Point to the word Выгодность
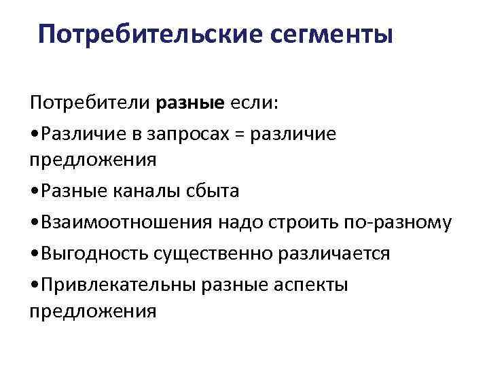[94, 254]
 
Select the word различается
[331, 254]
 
